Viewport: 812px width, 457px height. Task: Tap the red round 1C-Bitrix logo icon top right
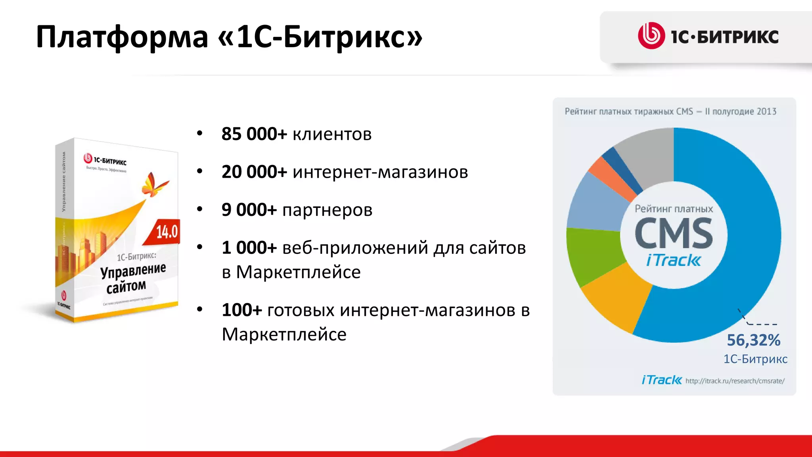pyautogui.click(x=651, y=36)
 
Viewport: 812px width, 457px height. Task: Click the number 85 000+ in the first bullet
pyautogui.click(x=254, y=134)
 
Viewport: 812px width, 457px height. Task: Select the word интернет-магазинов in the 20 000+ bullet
pyautogui.click(x=380, y=172)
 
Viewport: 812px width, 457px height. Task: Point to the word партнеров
pyautogui.click(x=327, y=210)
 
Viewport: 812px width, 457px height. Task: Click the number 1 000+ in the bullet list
pyautogui.click(x=249, y=248)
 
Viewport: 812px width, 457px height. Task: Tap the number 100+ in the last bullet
pyautogui.click(x=241, y=310)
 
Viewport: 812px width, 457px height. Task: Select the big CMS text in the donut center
pyautogui.click(x=674, y=234)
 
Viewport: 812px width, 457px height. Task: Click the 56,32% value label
pyautogui.click(x=753, y=340)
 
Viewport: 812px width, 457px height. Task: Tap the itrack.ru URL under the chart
pyautogui.click(x=735, y=381)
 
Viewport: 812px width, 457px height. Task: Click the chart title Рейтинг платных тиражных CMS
pyautogui.click(x=629, y=111)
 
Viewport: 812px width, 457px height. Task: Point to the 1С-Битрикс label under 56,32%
pyautogui.click(x=755, y=359)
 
